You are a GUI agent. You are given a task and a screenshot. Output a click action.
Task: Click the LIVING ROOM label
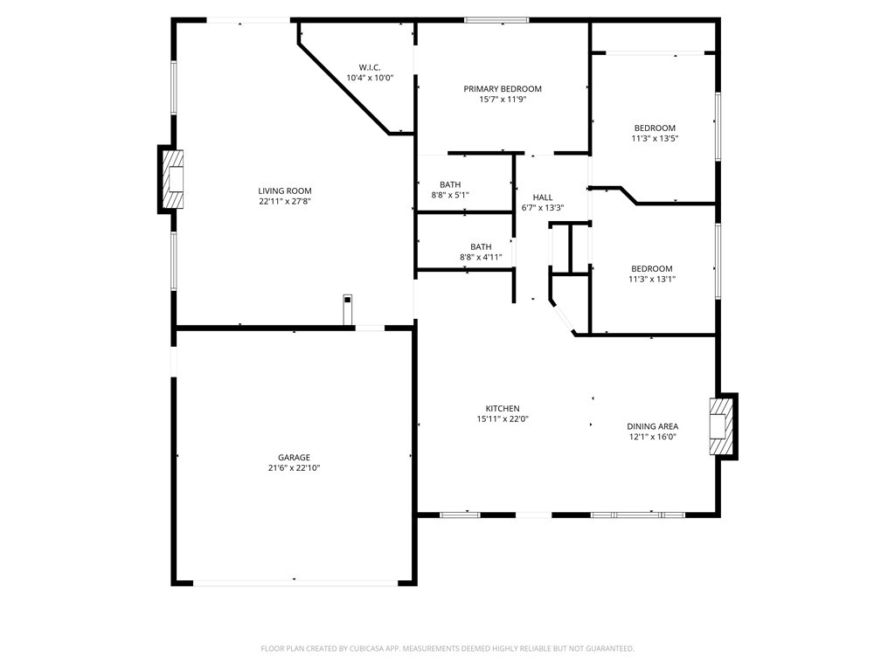(x=285, y=191)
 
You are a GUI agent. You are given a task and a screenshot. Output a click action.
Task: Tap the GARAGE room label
(x=294, y=458)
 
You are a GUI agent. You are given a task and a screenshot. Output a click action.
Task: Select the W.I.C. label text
(x=370, y=67)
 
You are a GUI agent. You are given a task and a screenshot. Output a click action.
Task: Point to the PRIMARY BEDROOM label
(x=503, y=89)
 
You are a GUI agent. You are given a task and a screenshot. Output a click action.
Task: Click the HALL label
(x=542, y=197)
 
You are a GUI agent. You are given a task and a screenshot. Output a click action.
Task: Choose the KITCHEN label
(x=503, y=409)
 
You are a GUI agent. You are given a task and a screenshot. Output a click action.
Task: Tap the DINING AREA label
(x=652, y=426)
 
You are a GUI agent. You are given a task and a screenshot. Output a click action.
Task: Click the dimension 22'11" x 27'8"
(x=285, y=202)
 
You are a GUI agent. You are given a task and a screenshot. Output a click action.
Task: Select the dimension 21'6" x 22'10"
(x=294, y=468)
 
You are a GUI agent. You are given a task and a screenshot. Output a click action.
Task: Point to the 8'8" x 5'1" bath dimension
(x=450, y=195)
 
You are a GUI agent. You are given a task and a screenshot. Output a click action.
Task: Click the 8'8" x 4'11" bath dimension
(x=481, y=258)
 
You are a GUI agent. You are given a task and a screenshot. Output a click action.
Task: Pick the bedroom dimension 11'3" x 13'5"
(x=655, y=139)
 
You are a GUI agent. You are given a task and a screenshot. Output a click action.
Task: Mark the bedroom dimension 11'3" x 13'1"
(x=652, y=279)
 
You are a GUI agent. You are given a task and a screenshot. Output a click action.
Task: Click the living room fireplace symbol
(x=173, y=179)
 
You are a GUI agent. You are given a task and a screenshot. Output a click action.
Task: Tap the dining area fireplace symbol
(x=720, y=426)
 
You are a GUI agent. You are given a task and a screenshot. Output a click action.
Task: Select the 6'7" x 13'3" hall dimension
(x=542, y=208)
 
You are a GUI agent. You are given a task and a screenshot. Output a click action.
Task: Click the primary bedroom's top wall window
(x=496, y=21)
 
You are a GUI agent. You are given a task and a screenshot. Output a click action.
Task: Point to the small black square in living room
(x=348, y=300)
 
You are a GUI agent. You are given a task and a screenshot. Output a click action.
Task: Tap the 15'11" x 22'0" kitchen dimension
(x=503, y=419)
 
